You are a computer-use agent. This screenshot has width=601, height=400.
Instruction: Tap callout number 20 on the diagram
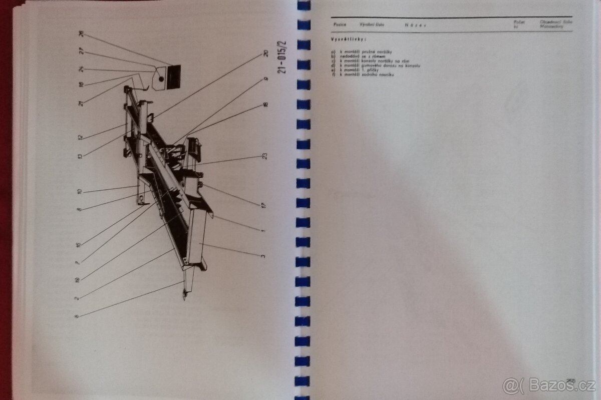click(x=265, y=54)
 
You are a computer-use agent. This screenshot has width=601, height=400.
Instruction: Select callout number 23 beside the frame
click(x=264, y=156)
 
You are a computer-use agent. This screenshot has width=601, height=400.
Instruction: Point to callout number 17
click(x=263, y=205)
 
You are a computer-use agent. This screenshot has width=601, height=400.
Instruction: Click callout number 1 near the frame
click(x=263, y=230)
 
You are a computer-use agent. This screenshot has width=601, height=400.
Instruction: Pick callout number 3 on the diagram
click(x=263, y=256)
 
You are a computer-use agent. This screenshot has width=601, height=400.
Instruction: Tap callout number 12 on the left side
click(x=80, y=137)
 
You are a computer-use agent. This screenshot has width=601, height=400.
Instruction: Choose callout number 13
click(x=80, y=156)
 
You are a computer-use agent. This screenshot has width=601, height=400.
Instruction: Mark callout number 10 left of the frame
click(x=79, y=192)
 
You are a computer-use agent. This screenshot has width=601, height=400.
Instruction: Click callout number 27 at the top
click(x=81, y=51)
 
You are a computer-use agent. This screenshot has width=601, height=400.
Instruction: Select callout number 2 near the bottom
click(x=77, y=298)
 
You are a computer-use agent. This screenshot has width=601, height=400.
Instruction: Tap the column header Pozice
click(x=340, y=24)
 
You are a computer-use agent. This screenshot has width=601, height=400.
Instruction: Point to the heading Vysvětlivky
click(x=349, y=39)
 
